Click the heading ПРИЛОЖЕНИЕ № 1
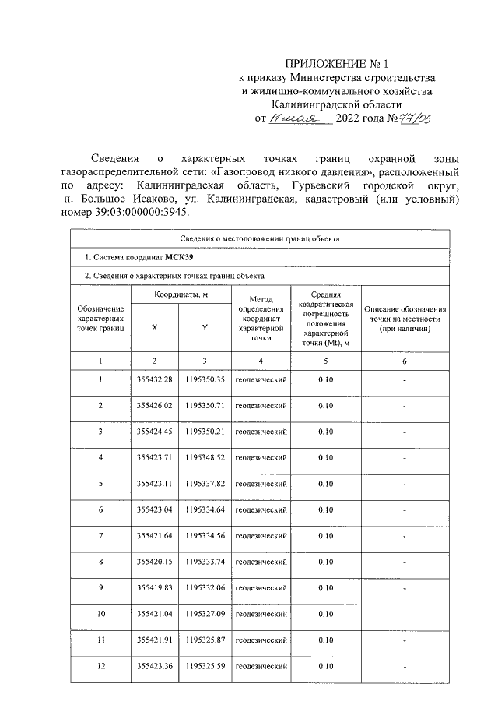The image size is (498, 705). click(x=336, y=64)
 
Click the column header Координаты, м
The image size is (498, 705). click(x=180, y=296)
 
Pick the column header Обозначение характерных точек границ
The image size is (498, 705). click(x=100, y=319)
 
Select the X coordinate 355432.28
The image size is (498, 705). click(x=154, y=379)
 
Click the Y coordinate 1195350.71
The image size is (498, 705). click(x=205, y=406)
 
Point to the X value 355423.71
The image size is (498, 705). click(x=154, y=457)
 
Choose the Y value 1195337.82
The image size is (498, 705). click(x=205, y=484)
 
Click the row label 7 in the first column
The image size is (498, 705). click(x=100, y=536)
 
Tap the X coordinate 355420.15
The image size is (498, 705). click(x=154, y=562)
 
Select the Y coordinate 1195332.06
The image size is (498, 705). click(x=205, y=588)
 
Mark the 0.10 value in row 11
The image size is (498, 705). click(x=326, y=640)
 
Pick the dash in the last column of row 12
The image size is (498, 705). click(x=405, y=667)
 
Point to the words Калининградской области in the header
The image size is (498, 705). click(x=336, y=104)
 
